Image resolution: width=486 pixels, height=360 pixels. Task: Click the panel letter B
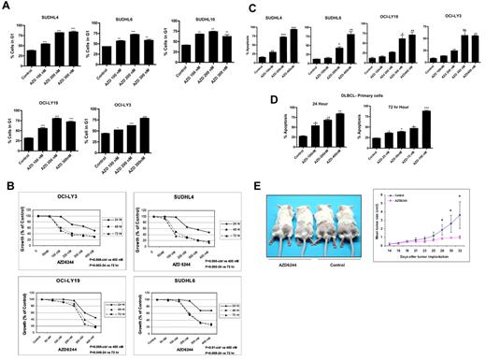click(7, 175)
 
